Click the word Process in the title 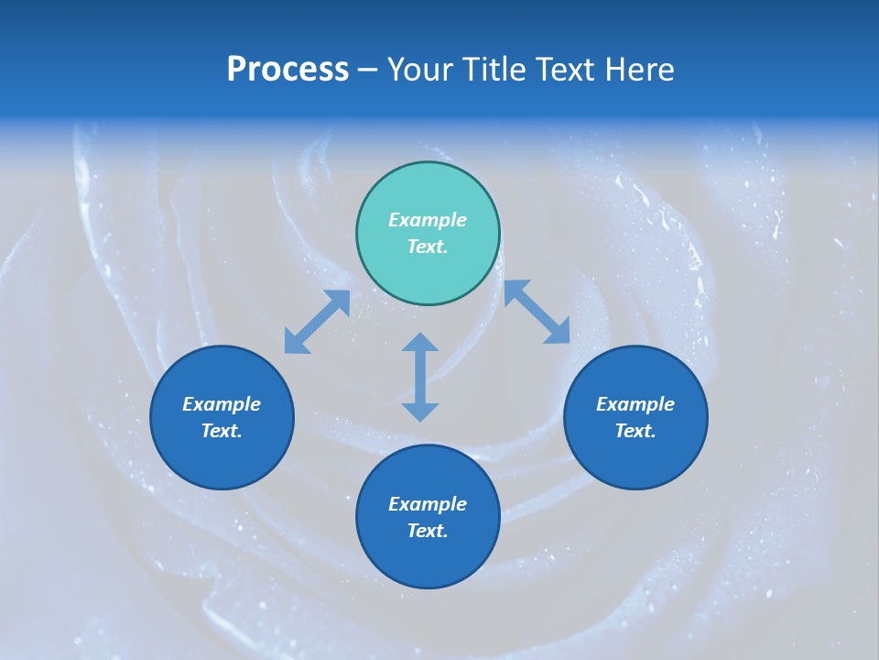(x=288, y=70)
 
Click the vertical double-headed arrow (x=420, y=377)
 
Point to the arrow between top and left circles (x=317, y=322)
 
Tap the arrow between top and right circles (x=537, y=312)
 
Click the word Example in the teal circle (x=428, y=220)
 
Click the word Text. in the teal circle (x=428, y=247)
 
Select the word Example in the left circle (x=222, y=404)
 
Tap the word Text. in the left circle (x=222, y=431)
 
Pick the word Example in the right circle (x=635, y=404)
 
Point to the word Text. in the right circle (x=635, y=431)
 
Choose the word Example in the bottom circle (x=428, y=504)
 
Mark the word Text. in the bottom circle (x=428, y=531)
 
